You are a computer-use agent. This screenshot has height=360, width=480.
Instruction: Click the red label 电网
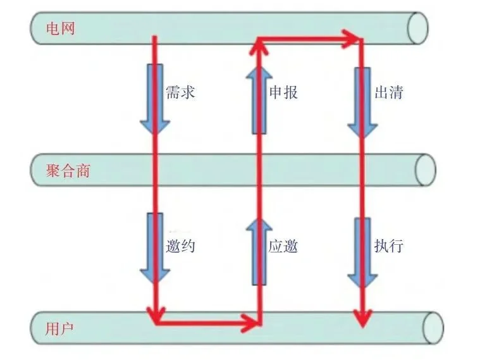[x=61, y=28]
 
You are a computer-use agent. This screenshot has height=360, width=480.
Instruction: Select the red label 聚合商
[x=68, y=170]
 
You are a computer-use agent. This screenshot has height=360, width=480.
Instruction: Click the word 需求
[x=180, y=92]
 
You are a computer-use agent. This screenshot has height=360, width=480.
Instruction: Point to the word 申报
[x=283, y=92]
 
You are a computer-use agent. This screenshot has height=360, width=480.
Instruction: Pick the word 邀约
[x=180, y=246]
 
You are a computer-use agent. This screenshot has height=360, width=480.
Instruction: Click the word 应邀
[x=283, y=246]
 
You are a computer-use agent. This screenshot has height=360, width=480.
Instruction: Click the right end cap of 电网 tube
[x=417, y=28]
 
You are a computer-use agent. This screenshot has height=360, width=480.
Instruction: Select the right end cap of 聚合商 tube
[x=424, y=170]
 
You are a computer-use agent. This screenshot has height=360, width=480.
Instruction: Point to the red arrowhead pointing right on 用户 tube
[x=254, y=323]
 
